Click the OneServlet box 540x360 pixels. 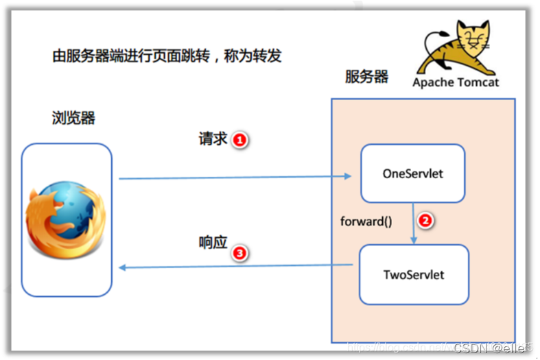click(x=413, y=173)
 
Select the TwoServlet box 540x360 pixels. click(x=413, y=274)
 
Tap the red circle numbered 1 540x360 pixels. click(x=239, y=140)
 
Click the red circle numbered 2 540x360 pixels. click(x=426, y=221)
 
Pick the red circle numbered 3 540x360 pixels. click(x=239, y=254)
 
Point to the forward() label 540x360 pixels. click(x=366, y=221)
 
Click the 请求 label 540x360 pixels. click(x=213, y=139)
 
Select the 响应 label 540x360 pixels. click(x=213, y=242)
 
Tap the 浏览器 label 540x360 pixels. click(x=73, y=118)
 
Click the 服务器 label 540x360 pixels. click(x=366, y=76)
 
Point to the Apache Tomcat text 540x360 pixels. click(x=456, y=82)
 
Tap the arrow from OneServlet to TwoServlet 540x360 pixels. click(x=414, y=222)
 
